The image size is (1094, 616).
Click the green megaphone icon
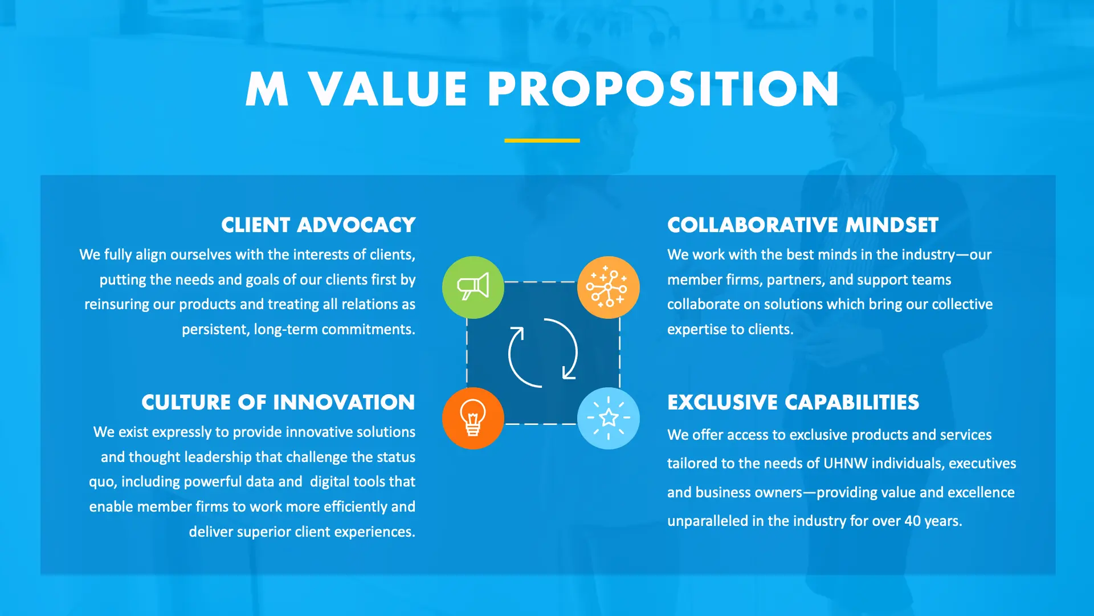coord(473,287)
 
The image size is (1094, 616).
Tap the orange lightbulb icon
coord(473,418)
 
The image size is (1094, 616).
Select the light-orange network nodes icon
coord(608,287)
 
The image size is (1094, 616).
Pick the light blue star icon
coord(608,418)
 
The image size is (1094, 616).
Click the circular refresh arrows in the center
coord(542,353)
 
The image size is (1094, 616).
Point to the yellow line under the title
coord(542,140)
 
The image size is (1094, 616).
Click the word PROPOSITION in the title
coord(663,90)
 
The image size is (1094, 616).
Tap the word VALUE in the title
coord(388,90)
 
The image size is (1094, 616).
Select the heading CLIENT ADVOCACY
coord(319,225)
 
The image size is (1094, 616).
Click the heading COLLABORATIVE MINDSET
coord(802,225)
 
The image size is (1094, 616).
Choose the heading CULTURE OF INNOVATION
coord(278,403)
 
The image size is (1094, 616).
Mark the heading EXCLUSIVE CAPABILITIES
coord(793,403)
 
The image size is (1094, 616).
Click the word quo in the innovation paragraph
coord(102,483)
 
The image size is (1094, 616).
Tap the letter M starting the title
coord(267,90)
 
